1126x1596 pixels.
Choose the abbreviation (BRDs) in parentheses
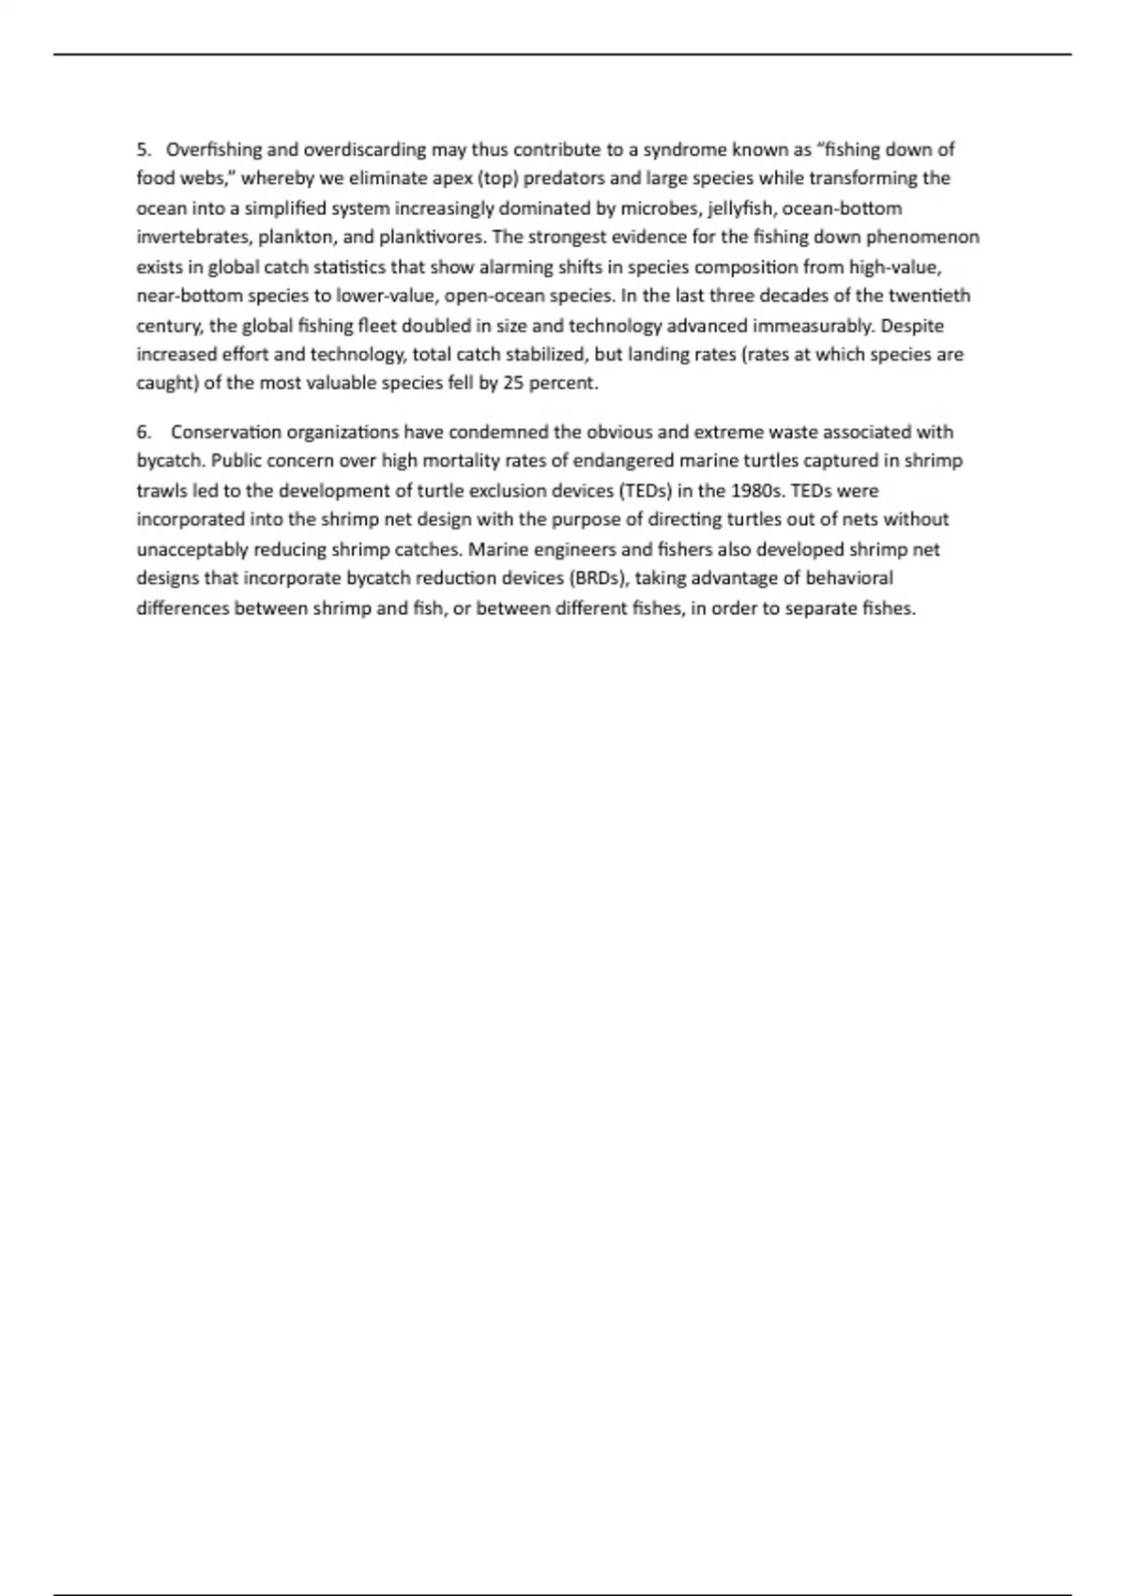597,578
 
